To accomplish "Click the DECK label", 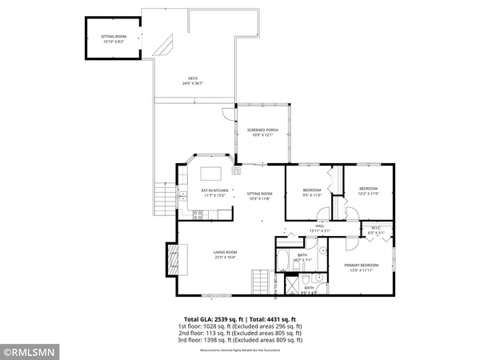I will coord(192,78).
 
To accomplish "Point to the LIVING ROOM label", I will coord(225,253).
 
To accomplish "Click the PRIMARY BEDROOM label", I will coord(361,264).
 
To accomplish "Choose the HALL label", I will coord(319,226).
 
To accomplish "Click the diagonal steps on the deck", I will coord(166,46).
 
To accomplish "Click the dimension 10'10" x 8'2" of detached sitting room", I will coord(114,41).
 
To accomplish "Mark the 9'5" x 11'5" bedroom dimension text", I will coord(311,194).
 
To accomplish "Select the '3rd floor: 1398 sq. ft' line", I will coord(240,339).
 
